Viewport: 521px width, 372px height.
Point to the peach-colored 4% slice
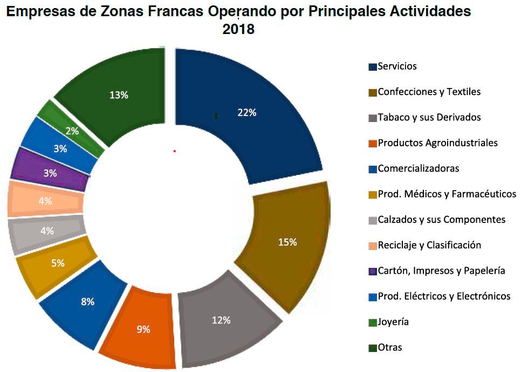45,200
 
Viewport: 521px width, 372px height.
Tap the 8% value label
87,302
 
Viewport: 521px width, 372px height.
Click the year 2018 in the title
238,30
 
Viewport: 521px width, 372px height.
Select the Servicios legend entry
397,66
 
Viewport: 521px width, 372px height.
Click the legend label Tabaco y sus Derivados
429,117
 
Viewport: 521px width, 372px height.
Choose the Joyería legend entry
393,322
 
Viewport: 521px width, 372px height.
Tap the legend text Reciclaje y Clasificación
429,245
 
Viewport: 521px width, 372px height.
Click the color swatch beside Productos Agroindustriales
372,144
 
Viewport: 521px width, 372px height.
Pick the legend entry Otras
389,348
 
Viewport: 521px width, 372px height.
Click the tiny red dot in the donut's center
175,151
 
